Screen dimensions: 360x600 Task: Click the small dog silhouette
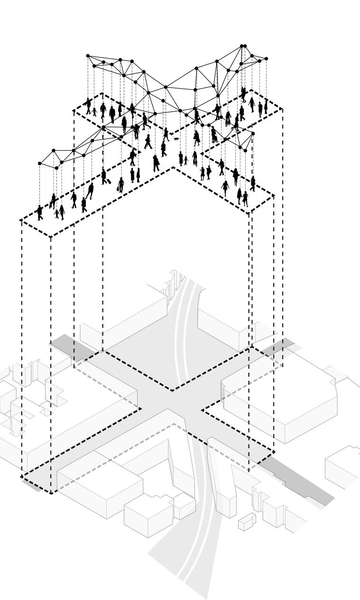(x=176, y=139)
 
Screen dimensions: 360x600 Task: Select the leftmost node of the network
(x=40, y=164)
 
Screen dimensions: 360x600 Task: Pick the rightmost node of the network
(x=267, y=59)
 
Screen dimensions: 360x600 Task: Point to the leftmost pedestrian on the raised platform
(x=39, y=212)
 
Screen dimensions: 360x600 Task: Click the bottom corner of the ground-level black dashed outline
(x=51, y=493)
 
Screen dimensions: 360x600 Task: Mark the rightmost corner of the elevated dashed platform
(x=283, y=109)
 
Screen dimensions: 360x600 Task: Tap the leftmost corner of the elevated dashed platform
(x=21, y=220)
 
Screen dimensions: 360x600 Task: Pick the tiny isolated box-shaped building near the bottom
(x=247, y=522)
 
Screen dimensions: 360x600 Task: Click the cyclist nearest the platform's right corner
(x=243, y=95)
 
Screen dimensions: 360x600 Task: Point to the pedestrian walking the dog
(x=166, y=135)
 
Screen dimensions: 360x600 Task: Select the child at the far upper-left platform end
(x=94, y=112)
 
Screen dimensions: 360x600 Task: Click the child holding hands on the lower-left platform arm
(x=57, y=213)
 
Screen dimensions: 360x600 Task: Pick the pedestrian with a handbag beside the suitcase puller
(x=120, y=185)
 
